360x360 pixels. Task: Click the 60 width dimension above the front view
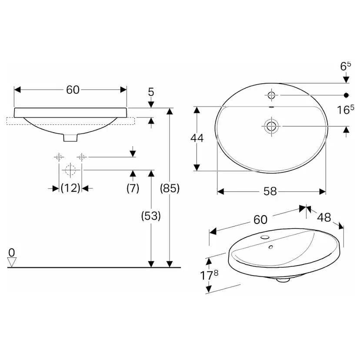click(73, 90)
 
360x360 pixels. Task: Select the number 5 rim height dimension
click(151, 92)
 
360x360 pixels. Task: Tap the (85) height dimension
click(170, 188)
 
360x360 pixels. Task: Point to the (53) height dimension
click(151, 216)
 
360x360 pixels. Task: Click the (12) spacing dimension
click(70, 188)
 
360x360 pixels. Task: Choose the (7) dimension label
click(133, 188)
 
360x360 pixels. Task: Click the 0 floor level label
click(12, 252)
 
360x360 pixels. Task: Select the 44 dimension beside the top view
click(197, 138)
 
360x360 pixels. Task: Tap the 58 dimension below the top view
click(270, 192)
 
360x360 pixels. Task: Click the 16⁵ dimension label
click(346, 110)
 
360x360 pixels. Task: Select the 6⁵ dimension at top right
click(346, 66)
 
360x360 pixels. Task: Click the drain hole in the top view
click(272, 126)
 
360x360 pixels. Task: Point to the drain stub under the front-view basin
click(70, 137)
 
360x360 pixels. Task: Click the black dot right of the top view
click(347, 95)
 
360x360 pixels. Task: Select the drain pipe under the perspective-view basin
click(283, 280)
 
